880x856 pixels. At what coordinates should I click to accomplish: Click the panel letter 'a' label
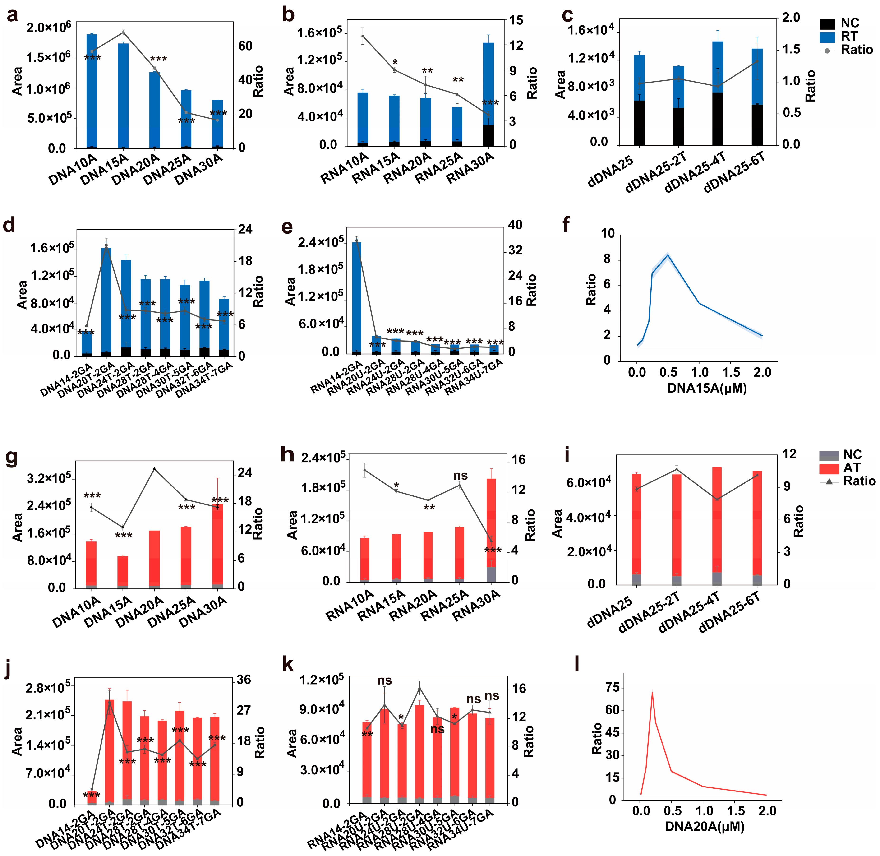tap(13, 15)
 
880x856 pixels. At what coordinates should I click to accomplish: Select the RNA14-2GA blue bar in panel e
tap(356, 297)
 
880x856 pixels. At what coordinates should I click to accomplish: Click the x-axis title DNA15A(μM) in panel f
tap(706, 388)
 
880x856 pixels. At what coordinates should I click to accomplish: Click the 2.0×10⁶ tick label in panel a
tap(49, 28)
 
